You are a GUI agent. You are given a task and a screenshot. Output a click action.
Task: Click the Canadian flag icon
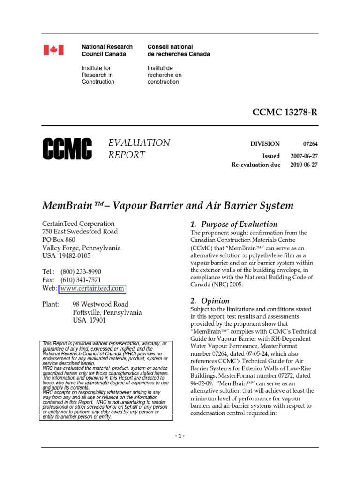click(53, 50)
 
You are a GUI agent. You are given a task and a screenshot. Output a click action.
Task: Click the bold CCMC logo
click(67, 149)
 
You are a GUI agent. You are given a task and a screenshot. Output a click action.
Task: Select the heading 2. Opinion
click(210, 301)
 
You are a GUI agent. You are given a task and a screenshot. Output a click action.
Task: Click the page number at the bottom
click(180, 436)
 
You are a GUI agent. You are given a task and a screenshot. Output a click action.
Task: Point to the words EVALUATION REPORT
click(139, 149)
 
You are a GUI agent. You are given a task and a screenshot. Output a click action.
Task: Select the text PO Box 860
click(59, 240)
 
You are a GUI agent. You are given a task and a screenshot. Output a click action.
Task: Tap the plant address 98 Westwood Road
click(101, 304)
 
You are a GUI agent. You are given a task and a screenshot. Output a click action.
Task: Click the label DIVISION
click(265, 144)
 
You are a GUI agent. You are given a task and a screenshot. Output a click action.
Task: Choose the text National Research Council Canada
click(107, 51)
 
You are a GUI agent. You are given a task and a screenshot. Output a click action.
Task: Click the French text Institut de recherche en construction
click(165, 75)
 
